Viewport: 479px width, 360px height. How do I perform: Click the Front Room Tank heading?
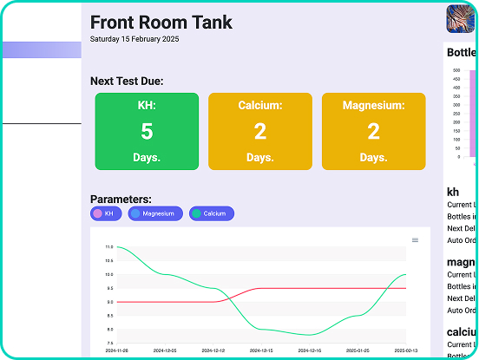(x=161, y=23)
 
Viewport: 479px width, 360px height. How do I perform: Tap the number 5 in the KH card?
(x=147, y=131)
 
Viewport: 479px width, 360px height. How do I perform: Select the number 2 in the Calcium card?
(x=260, y=131)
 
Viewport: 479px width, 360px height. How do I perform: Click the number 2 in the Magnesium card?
(x=373, y=131)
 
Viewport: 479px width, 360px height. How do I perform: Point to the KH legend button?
(x=103, y=213)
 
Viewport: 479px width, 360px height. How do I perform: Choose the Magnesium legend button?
(x=155, y=213)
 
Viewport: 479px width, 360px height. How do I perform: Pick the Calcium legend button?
(x=212, y=213)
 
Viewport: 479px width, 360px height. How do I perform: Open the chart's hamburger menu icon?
(x=415, y=240)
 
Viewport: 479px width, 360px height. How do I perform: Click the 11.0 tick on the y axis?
(x=108, y=247)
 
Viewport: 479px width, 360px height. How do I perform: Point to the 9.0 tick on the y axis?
(x=108, y=302)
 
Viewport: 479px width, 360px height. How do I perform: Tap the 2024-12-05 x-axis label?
(x=164, y=350)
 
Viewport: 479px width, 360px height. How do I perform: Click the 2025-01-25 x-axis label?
(x=358, y=350)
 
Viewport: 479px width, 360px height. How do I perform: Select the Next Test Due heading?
(x=127, y=82)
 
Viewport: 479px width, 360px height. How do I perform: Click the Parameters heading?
(x=121, y=199)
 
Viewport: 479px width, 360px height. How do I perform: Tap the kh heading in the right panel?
(x=453, y=192)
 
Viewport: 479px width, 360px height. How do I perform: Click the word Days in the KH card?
(x=147, y=158)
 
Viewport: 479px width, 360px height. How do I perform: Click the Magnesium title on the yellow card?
(x=373, y=106)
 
